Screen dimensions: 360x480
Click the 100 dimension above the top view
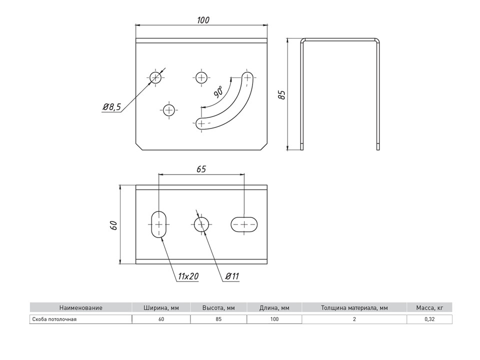[x=202, y=20]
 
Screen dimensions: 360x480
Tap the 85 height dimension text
[x=282, y=94]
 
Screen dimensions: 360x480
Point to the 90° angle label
[x=218, y=91]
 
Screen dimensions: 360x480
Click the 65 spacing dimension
[x=200, y=169]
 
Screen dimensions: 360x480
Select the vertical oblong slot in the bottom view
[x=159, y=224]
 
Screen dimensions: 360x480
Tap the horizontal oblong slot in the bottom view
[x=244, y=224]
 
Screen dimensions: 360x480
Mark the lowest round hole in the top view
[x=169, y=110]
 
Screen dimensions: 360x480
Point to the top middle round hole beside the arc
[x=201, y=77]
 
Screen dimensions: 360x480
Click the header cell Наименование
[x=80, y=307]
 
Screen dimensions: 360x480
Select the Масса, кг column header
[x=429, y=307]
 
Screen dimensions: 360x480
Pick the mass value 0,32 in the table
[x=429, y=319]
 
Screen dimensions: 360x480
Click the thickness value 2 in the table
[x=354, y=319]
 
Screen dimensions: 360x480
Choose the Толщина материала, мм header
[x=354, y=307]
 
